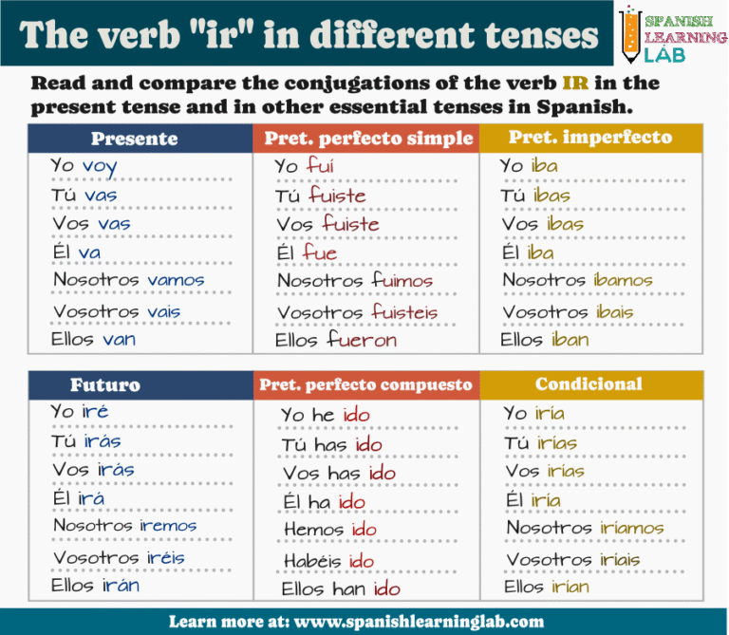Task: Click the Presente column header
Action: [134, 139]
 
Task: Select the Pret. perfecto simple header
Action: [368, 139]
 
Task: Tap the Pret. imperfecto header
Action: [590, 138]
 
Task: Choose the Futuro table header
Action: [105, 384]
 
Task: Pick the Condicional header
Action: [589, 384]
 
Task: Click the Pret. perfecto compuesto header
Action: [365, 384]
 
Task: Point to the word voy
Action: [100, 167]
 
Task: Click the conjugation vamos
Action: [176, 281]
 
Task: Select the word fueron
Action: [363, 340]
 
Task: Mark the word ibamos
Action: [623, 281]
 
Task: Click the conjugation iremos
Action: [168, 526]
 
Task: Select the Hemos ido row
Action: [330, 531]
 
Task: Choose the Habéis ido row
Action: [329, 562]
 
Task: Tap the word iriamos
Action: [631, 528]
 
